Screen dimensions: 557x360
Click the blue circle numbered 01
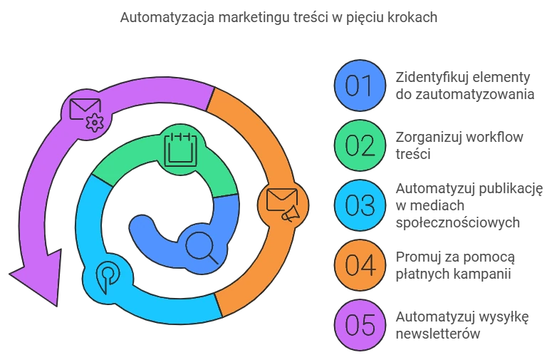click(x=360, y=86)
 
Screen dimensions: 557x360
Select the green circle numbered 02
click(x=360, y=145)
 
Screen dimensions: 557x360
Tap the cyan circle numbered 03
click(x=360, y=205)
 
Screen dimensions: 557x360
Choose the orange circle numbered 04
click(x=360, y=264)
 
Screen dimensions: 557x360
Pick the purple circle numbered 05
click(x=360, y=325)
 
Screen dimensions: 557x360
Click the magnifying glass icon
click(x=202, y=247)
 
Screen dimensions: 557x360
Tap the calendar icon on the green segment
click(x=180, y=149)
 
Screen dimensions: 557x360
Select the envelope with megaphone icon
click(x=282, y=205)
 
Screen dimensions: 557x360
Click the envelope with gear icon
click(x=86, y=115)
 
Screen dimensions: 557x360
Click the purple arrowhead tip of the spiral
click(x=56, y=306)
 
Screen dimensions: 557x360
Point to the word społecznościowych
click(x=457, y=222)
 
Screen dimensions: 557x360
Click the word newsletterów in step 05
click(x=438, y=334)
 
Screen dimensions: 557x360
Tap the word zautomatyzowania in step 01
click(x=475, y=95)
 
